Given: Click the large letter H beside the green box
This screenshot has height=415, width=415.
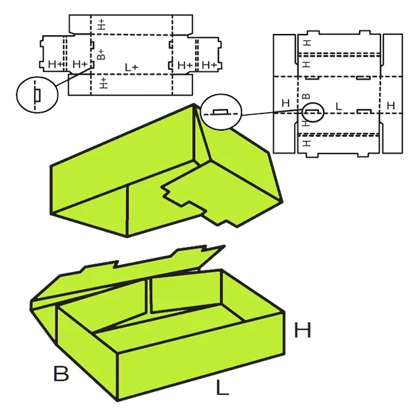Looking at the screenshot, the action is click(x=302, y=330).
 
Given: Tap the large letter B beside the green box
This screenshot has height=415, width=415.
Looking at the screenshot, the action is click(x=61, y=373).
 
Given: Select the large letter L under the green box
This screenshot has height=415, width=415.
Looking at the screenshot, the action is click(x=222, y=387).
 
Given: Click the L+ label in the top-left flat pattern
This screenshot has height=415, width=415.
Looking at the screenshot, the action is click(x=131, y=68).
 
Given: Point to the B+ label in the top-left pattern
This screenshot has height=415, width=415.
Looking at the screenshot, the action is click(x=101, y=54).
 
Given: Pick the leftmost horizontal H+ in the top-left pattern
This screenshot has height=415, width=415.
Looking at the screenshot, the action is click(x=56, y=64).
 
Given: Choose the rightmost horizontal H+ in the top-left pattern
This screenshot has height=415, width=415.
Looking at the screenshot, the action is click(x=209, y=65).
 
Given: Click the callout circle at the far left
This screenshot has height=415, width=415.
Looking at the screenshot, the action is click(x=37, y=95).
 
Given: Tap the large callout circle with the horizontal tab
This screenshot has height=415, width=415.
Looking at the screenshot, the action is click(x=221, y=112).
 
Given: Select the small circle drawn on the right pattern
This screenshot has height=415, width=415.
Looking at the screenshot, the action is click(x=313, y=112).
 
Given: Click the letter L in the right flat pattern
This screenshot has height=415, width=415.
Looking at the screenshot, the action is click(x=338, y=107).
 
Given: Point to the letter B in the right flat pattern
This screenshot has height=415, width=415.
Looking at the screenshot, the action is click(x=306, y=96).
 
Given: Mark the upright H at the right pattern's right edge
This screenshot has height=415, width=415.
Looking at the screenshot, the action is click(x=391, y=106).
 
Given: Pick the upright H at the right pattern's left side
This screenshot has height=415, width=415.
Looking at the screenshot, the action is click(x=286, y=103).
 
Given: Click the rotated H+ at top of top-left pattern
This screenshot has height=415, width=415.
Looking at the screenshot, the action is click(x=102, y=24).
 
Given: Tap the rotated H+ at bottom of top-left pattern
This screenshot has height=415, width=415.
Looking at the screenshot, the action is click(x=104, y=83).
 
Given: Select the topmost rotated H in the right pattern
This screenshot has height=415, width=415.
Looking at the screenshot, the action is click(x=306, y=43).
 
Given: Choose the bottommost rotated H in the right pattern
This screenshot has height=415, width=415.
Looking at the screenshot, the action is click(x=306, y=143).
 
